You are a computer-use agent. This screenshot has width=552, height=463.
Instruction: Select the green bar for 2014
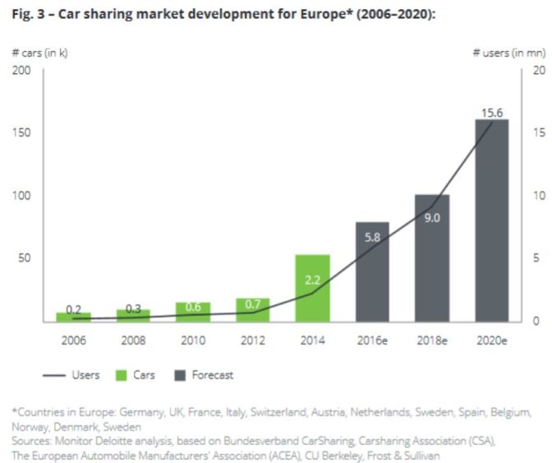[312, 288]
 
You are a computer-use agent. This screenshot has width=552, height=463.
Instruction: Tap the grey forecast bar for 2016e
[372, 271]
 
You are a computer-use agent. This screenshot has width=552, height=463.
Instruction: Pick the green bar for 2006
[73, 317]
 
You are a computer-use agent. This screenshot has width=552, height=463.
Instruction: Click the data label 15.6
[491, 112]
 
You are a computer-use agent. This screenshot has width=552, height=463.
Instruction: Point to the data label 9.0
[432, 218]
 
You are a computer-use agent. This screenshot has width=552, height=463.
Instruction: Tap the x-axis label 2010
[193, 339]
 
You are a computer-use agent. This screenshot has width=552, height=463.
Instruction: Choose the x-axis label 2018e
[432, 339]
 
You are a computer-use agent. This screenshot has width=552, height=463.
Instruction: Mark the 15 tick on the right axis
[537, 133]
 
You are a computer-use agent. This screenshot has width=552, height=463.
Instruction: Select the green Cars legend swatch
[121, 375]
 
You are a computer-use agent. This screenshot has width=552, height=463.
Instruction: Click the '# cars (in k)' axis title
[40, 53]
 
